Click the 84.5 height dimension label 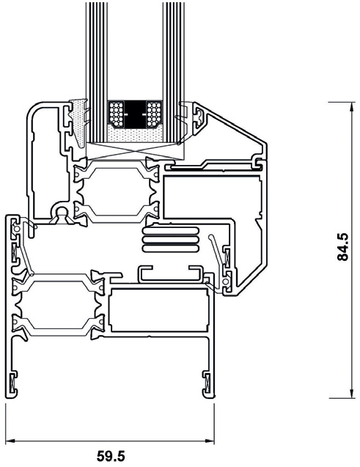pyautogui.click(x=342, y=249)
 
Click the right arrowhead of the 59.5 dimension pyautogui.click(x=211, y=441)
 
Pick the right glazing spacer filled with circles pyautogui.click(x=154, y=114)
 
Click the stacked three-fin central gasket pyautogui.click(x=170, y=238)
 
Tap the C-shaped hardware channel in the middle pyautogui.click(x=170, y=273)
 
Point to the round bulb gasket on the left pyautogui.click(x=61, y=213)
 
